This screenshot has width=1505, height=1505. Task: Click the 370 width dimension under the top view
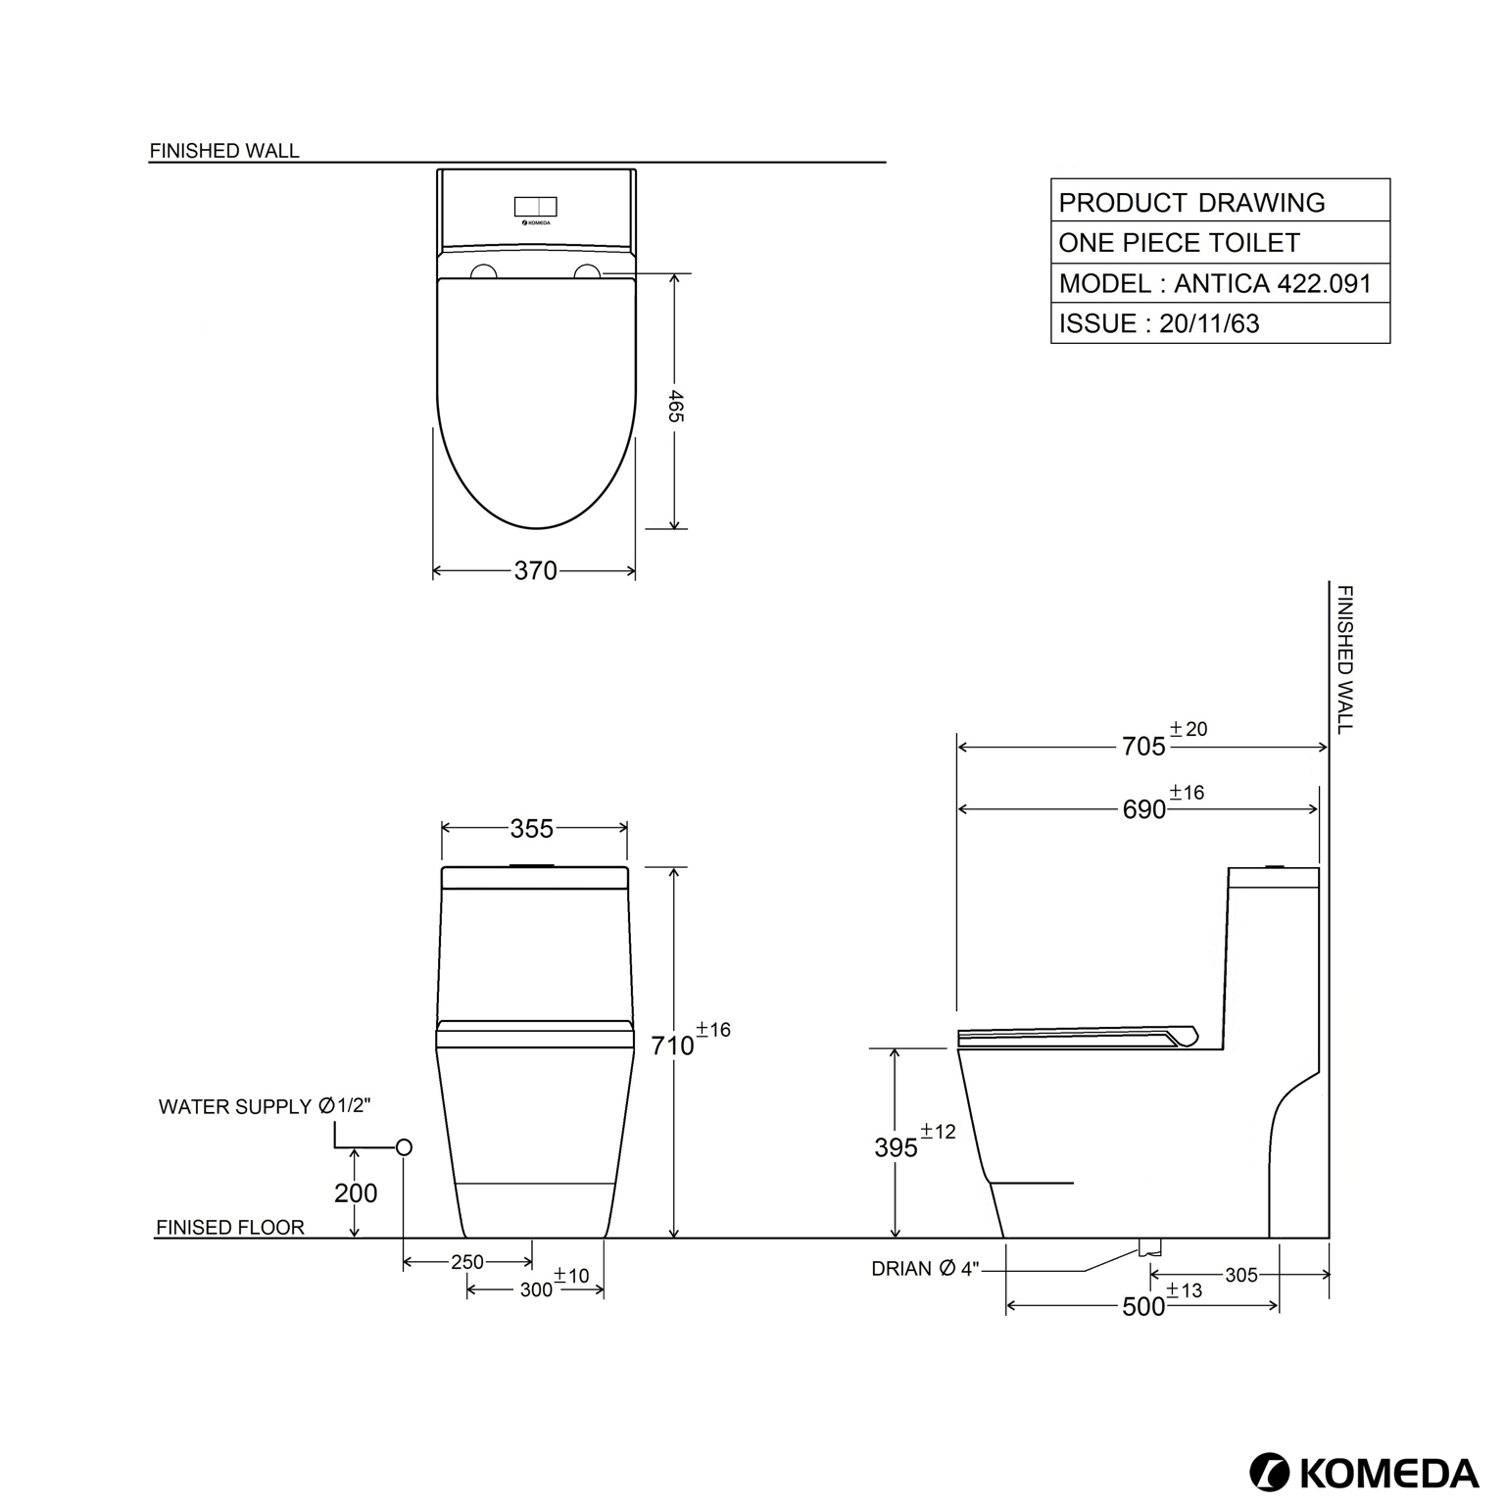coord(535,570)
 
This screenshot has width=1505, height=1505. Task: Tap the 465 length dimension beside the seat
coord(675,406)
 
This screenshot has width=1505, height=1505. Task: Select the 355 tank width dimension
coord(532,829)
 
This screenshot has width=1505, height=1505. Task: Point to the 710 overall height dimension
coord(673,1045)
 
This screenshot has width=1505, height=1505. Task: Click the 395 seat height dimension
coord(896,1147)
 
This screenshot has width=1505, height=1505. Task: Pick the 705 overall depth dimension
coord(1143,747)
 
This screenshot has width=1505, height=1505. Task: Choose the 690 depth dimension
coord(1143,809)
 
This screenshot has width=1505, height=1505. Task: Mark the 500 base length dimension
coord(1143,1307)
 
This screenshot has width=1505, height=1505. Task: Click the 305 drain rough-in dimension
coord(1240,1275)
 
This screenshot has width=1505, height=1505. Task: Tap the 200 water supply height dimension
coord(356,1193)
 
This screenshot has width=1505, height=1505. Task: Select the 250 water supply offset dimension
coord(467,1262)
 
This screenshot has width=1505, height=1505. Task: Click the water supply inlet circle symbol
coord(404,1147)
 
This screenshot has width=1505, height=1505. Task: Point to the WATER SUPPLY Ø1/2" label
coord(265,1106)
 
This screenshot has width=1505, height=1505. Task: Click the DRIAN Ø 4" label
coord(925,1269)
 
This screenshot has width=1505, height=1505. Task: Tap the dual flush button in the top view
coord(535,207)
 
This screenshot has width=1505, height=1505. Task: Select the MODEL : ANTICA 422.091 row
coord(1215,283)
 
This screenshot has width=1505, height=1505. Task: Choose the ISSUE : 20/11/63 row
coord(1159,323)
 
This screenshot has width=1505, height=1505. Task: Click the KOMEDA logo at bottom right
coord(1364,1472)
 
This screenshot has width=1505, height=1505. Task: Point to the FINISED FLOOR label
coord(230,1227)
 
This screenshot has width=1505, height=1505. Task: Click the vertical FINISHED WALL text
coord(1345,658)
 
